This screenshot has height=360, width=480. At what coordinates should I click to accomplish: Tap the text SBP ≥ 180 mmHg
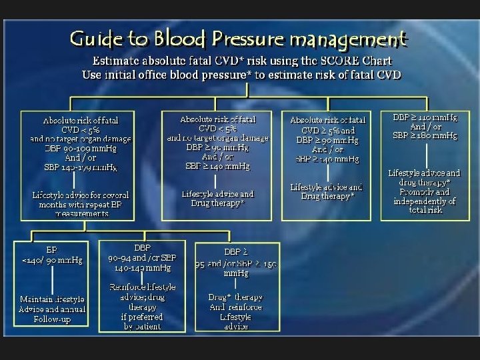[x=425, y=135]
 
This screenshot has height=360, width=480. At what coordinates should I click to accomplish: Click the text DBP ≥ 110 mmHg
[x=425, y=117]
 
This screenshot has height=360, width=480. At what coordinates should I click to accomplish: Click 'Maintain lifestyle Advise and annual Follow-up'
[x=52, y=309]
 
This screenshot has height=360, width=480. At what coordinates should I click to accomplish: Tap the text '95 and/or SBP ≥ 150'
[x=236, y=263]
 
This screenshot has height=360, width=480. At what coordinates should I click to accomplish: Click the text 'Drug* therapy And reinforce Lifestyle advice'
[x=235, y=311]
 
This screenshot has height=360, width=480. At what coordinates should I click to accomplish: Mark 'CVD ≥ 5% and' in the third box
[x=327, y=130]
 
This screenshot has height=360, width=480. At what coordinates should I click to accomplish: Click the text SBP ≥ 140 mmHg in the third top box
[x=327, y=159]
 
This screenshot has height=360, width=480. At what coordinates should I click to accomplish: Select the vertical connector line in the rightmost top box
[x=425, y=154]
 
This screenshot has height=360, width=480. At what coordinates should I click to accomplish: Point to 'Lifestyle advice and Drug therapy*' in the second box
[x=217, y=198]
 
